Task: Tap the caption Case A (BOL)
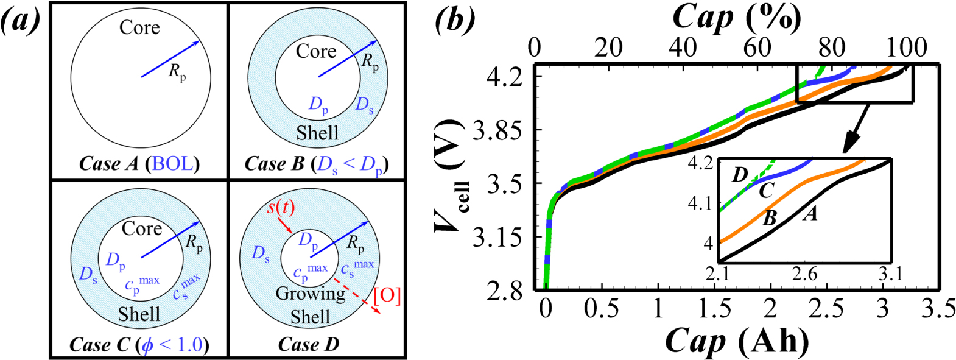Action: tap(139, 164)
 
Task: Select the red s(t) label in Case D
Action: tap(281, 208)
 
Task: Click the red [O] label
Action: tap(387, 295)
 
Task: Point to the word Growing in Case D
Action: tap(311, 294)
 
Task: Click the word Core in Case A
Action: tap(139, 27)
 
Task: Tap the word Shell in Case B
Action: tap(317, 133)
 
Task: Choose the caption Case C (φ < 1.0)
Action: tap(139, 345)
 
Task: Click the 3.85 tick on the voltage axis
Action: tap(497, 130)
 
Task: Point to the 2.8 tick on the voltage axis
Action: tap(505, 291)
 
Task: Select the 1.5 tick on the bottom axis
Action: tap(714, 309)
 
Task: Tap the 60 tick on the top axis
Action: tap(757, 48)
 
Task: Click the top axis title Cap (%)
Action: tap(736, 18)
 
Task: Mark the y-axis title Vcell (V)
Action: tap(451, 177)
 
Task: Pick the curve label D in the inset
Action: tap(739, 175)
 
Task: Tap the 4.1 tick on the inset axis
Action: tap(700, 203)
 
